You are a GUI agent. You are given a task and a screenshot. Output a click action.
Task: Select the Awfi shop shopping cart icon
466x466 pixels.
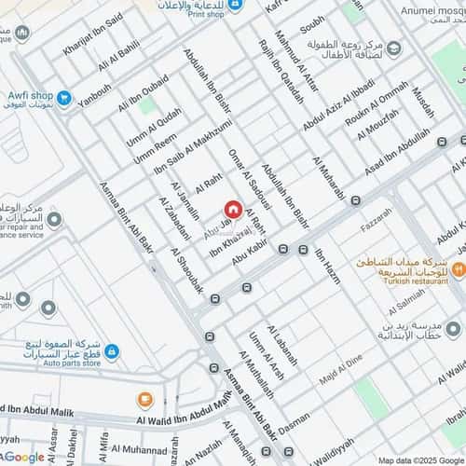click(64, 97)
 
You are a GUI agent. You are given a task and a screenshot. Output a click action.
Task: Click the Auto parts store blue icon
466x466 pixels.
click(112, 351)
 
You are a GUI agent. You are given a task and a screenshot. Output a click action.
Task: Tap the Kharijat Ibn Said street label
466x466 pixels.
click(94, 34)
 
